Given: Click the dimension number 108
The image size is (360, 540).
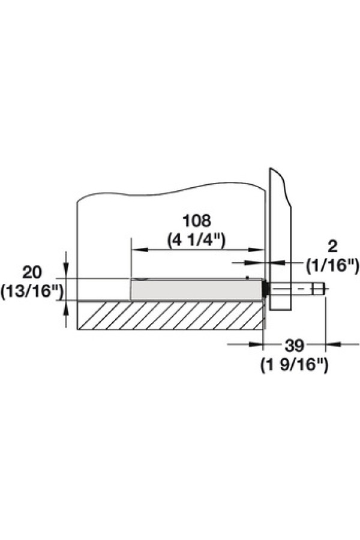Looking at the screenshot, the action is pyautogui.click(x=196, y=221).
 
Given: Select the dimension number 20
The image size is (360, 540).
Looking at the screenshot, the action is pyautogui.click(x=32, y=272).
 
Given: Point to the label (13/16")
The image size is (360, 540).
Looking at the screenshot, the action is pyautogui.click(x=32, y=292).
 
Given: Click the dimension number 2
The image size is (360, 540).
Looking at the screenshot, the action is pyautogui.click(x=332, y=246).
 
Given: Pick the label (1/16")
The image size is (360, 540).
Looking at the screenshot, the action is pyautogui.click(x=333, y=266).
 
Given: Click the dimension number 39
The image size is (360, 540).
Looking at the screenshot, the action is pyautogui.click(x=295, y=346).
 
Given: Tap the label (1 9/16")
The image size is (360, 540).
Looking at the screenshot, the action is pyautogui.click(x=294, y=365).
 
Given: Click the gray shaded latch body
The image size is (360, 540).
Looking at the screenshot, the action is pyautogui.click(x=197, y=289).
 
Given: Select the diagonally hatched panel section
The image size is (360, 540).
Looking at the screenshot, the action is pyautogui.click(x=170, y=316).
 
